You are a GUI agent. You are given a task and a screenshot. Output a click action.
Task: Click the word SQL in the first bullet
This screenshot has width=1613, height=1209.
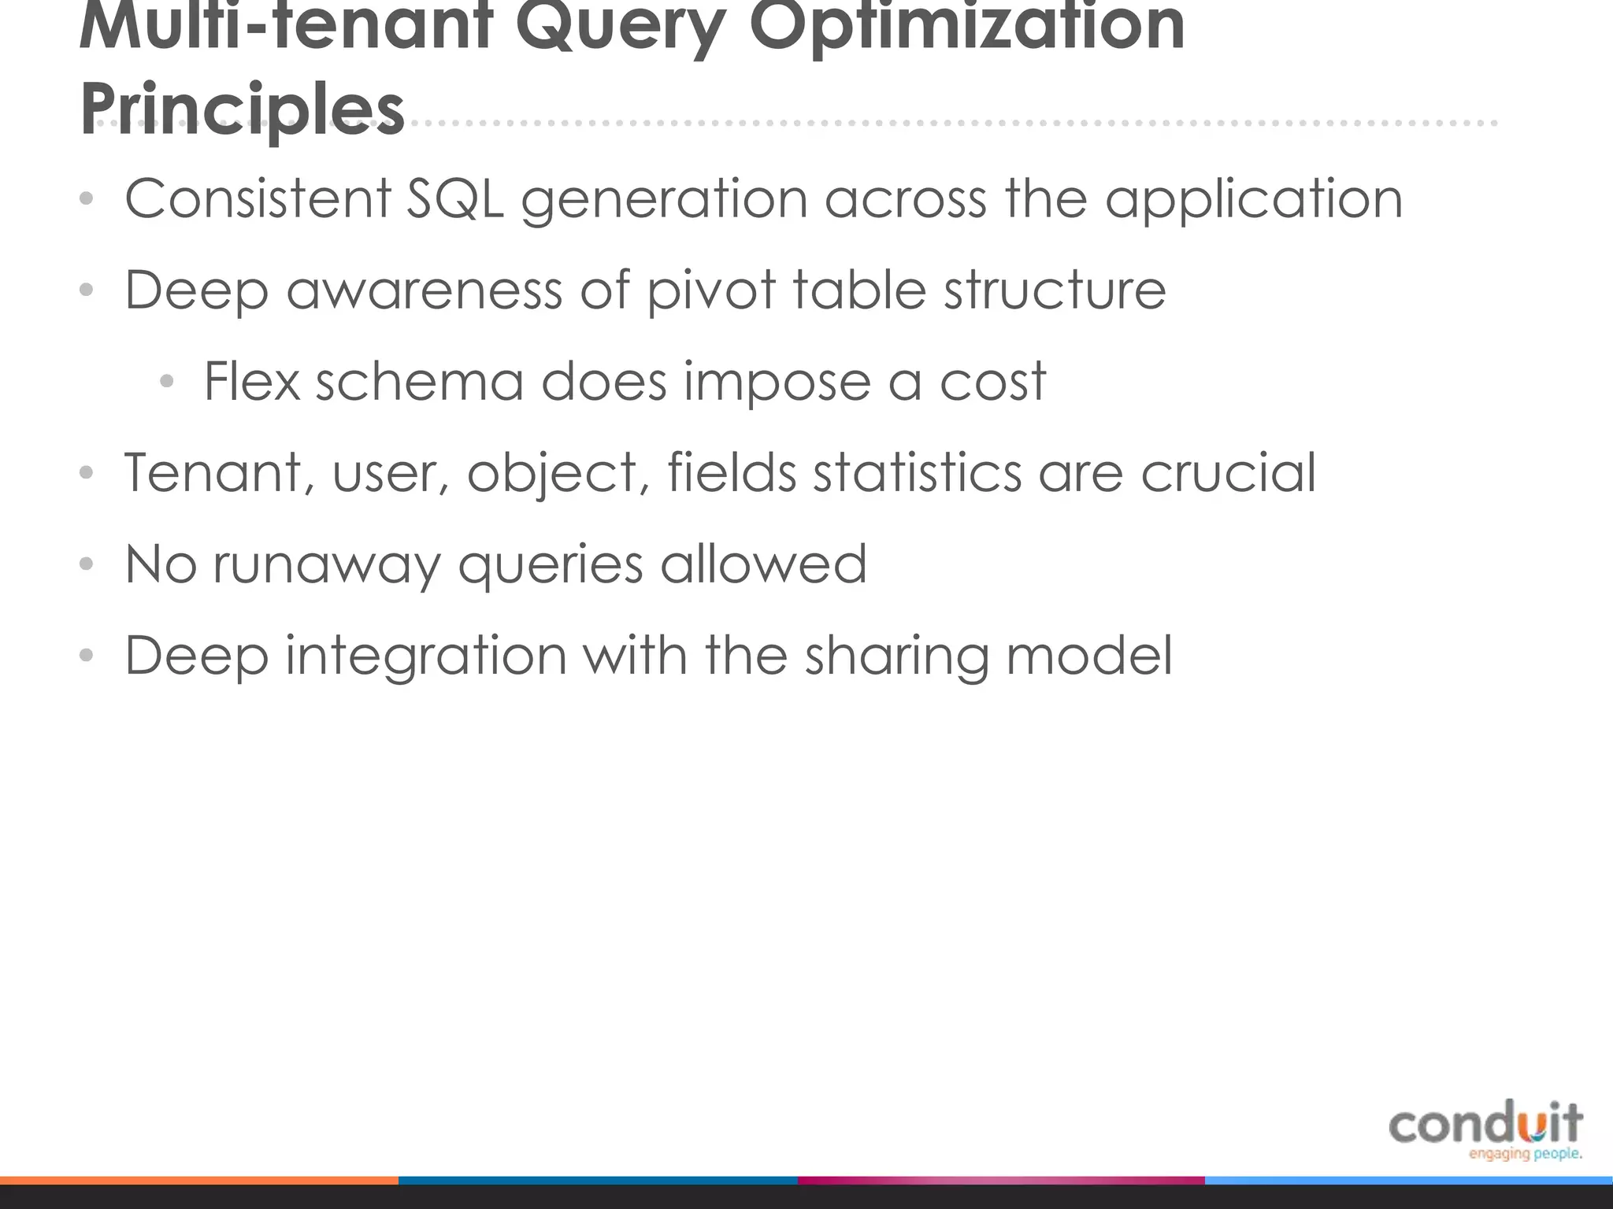pyautogui.click(x=454, y=198)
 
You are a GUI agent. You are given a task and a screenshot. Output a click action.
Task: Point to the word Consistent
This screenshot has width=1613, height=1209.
pyautogui.click(x=257, y=198)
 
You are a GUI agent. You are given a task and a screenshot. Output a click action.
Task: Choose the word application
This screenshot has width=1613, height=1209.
pyautogui.click(x=1253, y=199)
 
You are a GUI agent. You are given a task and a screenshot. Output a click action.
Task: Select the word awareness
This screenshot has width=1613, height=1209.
pyautogui.click(x=424, y=290)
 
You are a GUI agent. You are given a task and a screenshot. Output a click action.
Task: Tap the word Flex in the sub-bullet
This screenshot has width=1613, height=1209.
pyautogui.click(x=251, y=381)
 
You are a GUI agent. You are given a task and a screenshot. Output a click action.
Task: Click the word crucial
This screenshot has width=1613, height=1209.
pyautogui.click(x=1228, y=472)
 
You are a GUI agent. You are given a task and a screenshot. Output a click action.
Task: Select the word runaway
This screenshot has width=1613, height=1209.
pyautogui.click(x=326, y=565)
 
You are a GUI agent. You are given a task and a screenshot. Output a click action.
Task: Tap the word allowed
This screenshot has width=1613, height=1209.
pyautogui.click(x=763, y=564)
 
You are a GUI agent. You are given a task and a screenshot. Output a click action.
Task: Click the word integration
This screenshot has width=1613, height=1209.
pyautogui.click(x=425, y=656)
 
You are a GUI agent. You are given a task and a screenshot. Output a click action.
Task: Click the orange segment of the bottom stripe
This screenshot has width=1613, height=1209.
pyautogui.click(x=198, y=1181)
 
